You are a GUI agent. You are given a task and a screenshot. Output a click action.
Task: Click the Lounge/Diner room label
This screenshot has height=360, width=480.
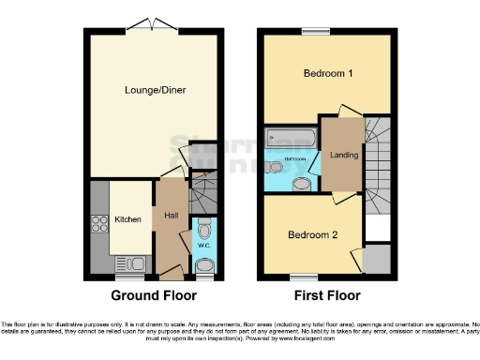point(155,90)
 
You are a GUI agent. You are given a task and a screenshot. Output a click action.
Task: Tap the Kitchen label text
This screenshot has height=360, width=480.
point(128,219)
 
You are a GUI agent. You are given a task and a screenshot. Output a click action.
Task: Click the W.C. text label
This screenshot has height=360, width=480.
point(204,246)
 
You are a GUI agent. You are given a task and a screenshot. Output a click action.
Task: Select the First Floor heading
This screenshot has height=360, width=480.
point(327,296)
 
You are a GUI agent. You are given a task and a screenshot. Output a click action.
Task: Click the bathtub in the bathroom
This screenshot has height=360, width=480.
point(287,140)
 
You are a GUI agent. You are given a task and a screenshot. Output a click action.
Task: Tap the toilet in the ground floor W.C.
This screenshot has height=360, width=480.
point(205,229)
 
